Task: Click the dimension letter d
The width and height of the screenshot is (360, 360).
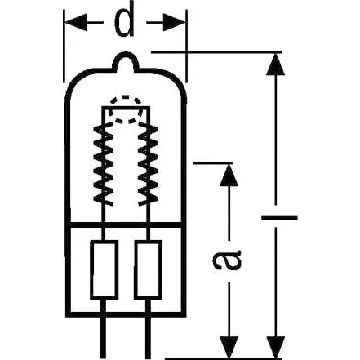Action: point(124,24)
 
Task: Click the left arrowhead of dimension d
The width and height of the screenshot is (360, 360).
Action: point(72,24)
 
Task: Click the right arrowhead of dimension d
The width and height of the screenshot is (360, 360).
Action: point(180,24)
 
